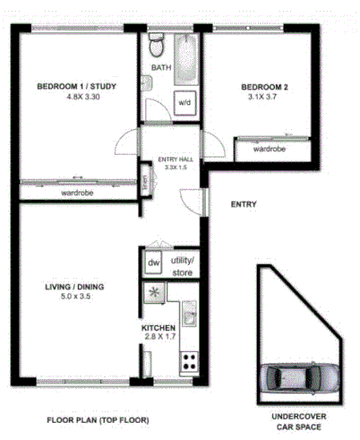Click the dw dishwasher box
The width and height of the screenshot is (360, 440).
pos(152,264)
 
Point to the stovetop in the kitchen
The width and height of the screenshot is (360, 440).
pos(190,361)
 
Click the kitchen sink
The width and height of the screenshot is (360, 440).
pos(189,315)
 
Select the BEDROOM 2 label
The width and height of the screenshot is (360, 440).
pos(265,87)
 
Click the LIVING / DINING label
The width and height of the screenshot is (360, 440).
pos(75,287)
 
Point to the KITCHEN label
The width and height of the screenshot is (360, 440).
pos(159,327)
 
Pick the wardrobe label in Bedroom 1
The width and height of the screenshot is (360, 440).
pos(79,192)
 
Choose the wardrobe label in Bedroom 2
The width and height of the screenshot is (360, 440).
pos(270,149)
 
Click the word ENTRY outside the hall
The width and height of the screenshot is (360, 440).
pos(244,204)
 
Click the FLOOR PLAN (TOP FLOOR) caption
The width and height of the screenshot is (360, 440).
pos(98,419)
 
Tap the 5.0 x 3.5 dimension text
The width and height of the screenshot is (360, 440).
pos(75,298)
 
